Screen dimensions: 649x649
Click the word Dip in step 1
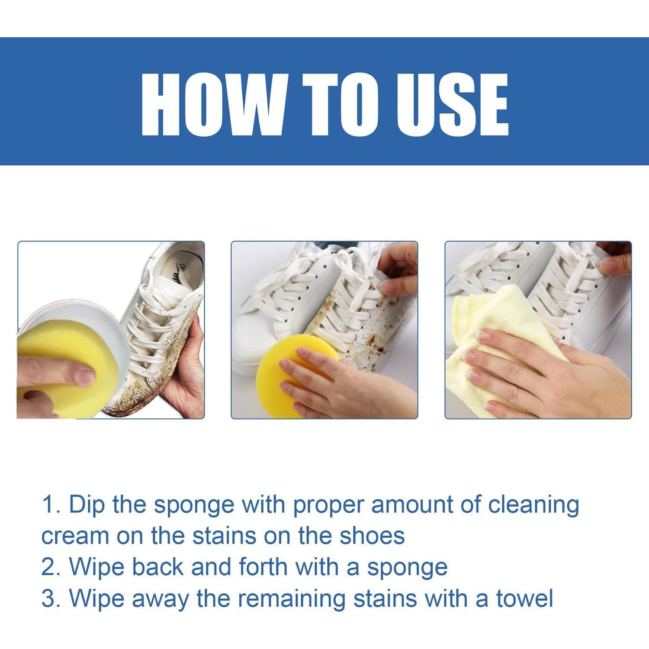click(x=87, y=505)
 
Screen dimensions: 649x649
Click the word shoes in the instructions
click(x=372, y=536)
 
